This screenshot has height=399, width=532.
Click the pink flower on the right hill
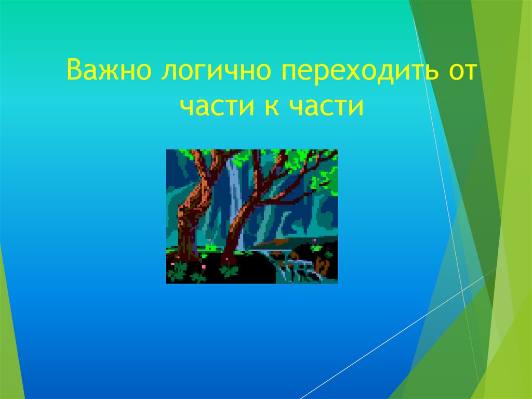[314, 240]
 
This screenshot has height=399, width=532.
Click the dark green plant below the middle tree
[229, 271]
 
